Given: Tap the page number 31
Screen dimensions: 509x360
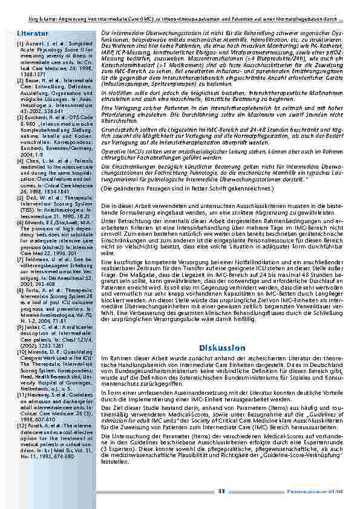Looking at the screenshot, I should (x=221, y=490).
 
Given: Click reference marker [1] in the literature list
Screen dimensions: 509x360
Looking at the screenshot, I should (x=21, y=44).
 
